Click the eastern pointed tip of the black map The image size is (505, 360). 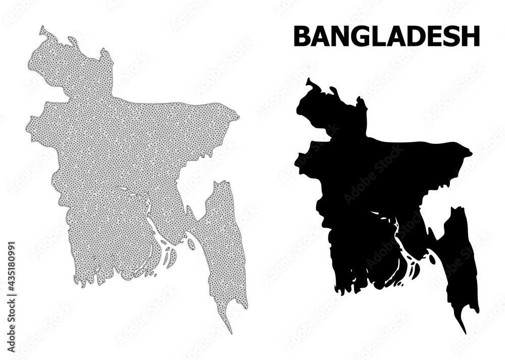(x=472, y=152)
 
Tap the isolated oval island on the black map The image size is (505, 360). (x=432, y=259)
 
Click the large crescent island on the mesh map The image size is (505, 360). (x=172, y=258)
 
